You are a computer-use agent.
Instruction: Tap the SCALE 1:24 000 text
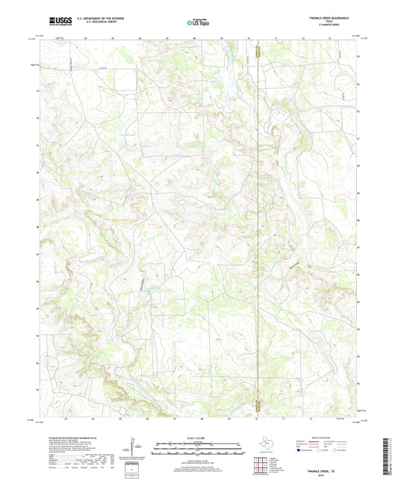click(x=198, y=438)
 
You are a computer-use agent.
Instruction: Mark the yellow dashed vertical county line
click(x=257, y=224)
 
